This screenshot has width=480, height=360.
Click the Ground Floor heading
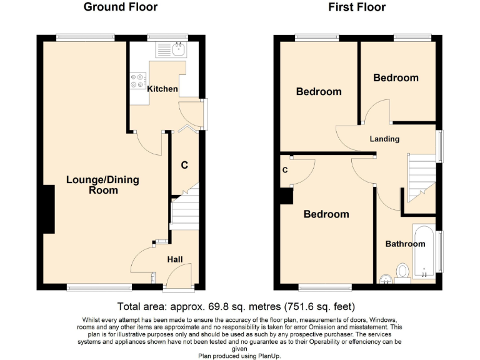click(120, 7)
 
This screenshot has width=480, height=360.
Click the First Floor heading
click(357, 7)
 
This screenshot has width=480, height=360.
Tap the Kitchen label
click(162, 89)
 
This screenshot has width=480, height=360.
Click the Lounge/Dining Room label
click(102, 185)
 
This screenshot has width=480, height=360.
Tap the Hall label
click(175, 259)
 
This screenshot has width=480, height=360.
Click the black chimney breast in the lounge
click(47, 209)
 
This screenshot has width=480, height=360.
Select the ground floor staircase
click(184, 209)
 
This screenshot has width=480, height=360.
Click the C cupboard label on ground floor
click(184, 166)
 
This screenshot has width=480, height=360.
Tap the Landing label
click(384, 139)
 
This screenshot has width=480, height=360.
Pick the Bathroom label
click(404, 244)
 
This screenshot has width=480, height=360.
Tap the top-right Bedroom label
click(396, 78)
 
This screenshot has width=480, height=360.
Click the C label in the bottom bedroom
click(285, 170)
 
